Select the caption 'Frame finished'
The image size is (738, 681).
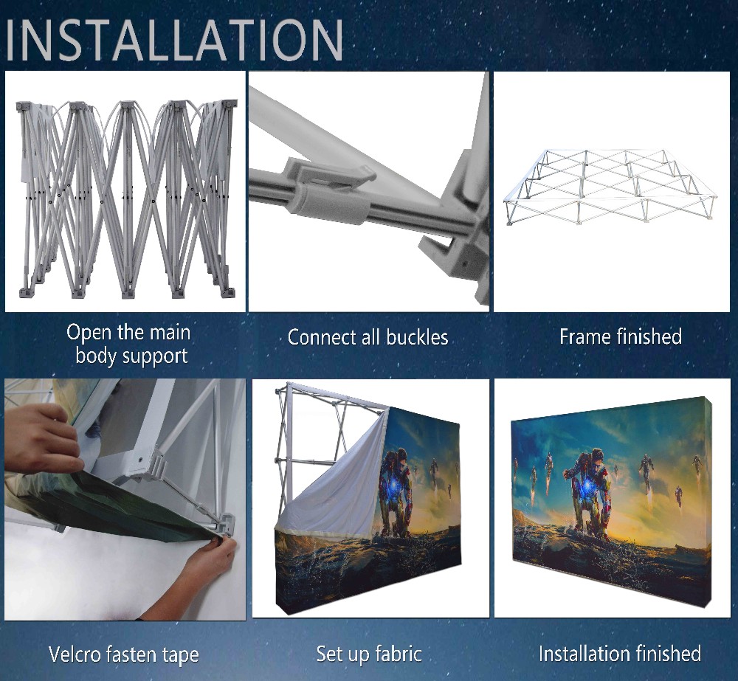620,336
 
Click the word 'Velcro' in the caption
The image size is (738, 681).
79,654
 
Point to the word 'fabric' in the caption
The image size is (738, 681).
396,654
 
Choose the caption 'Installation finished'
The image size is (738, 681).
619,654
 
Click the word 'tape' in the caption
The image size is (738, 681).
181,654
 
